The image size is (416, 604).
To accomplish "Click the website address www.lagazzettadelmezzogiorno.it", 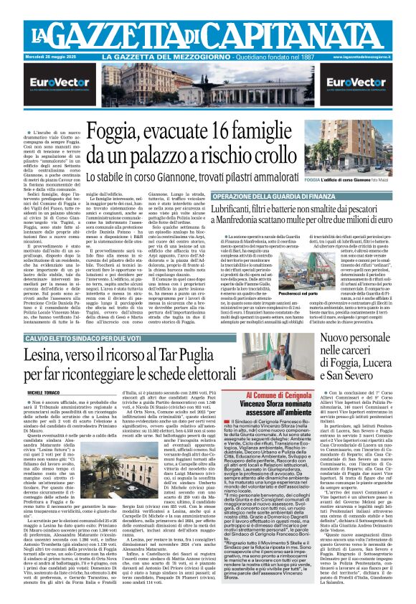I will click(376, 57).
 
